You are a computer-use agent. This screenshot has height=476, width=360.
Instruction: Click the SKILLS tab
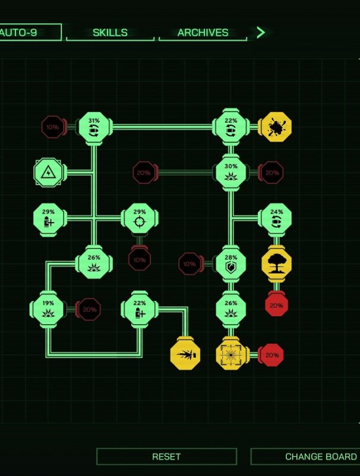(x=110, y=33)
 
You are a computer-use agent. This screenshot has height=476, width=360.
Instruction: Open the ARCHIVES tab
(x=203, y=33)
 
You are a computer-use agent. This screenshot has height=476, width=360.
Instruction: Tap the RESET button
(x=166, y=456)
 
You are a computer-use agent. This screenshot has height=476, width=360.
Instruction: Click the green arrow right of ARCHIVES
(x=260, y=33)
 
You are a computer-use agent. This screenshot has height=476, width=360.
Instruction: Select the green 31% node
(x=94, y=127)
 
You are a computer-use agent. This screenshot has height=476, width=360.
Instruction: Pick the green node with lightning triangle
(x=48, y=173)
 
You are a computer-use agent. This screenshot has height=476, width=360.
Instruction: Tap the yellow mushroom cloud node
(x=276, y=264)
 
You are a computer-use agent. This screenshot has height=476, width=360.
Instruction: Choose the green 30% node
(x=231, y=173)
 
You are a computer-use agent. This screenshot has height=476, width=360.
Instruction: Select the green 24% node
(x=276, y=218)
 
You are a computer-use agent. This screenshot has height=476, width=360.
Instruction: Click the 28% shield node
(x=231, y=264)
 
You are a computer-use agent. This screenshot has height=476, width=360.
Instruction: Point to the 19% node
(x=48, y=309)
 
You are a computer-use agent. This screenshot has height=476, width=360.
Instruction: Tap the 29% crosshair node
(x=140, y=218)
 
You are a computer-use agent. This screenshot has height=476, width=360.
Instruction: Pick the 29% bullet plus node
(x=48, y=218)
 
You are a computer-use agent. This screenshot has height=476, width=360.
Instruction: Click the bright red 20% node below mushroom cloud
(x=276, y=306)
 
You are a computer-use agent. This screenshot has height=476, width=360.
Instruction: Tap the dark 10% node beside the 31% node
(x=53, y=127)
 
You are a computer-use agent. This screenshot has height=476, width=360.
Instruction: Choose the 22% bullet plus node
(x=140, y=309)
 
